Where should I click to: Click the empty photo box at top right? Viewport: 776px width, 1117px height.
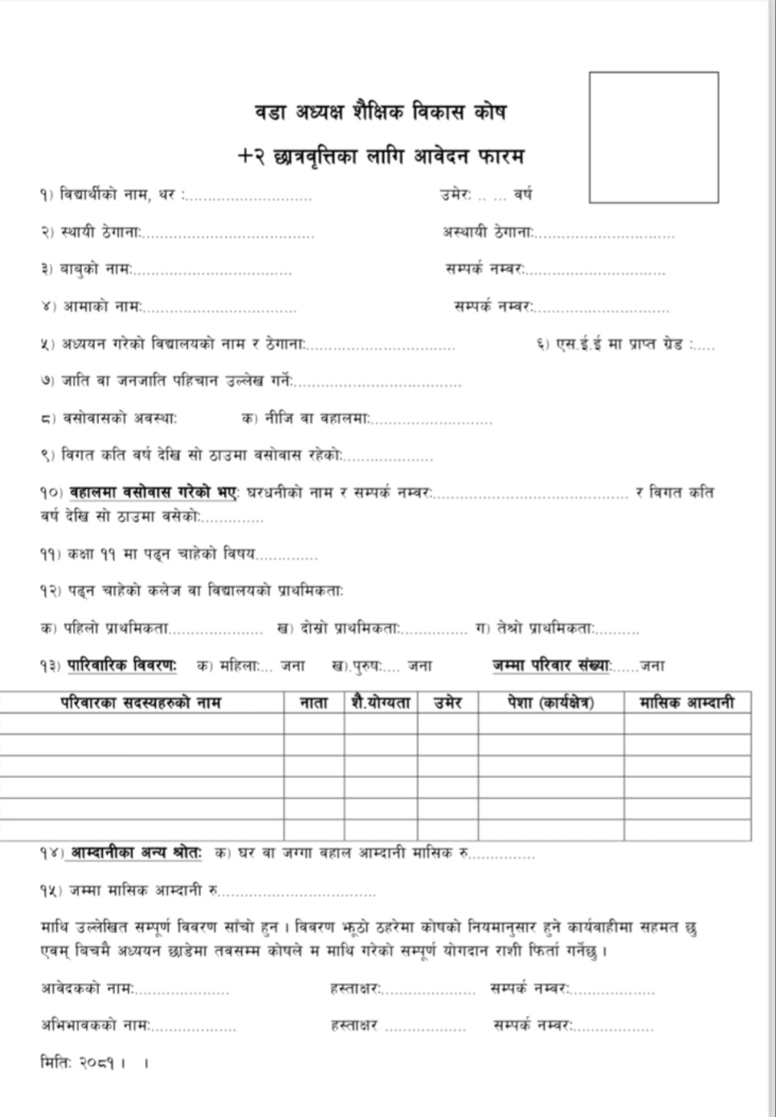653,137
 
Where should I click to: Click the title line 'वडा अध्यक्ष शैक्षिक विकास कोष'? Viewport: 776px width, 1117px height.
380,112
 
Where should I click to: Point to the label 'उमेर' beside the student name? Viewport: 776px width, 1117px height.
455,194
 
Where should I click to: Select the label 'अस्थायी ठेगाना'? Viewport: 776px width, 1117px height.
487,232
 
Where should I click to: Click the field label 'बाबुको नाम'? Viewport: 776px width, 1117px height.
96,269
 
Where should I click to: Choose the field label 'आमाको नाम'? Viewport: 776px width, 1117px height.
102,306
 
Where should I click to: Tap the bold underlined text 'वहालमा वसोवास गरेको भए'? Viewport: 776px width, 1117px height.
153,491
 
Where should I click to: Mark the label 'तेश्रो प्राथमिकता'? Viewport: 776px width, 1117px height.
545,629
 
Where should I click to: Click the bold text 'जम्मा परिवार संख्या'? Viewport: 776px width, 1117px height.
551,666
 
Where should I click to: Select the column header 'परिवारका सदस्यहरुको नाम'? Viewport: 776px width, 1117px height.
141,703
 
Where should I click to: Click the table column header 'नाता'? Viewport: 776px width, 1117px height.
313,703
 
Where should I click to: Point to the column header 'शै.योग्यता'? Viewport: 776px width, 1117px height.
381,703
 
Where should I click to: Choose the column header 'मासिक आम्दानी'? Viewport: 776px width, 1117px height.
687,703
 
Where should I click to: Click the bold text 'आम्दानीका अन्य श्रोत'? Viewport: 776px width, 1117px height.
135,853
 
